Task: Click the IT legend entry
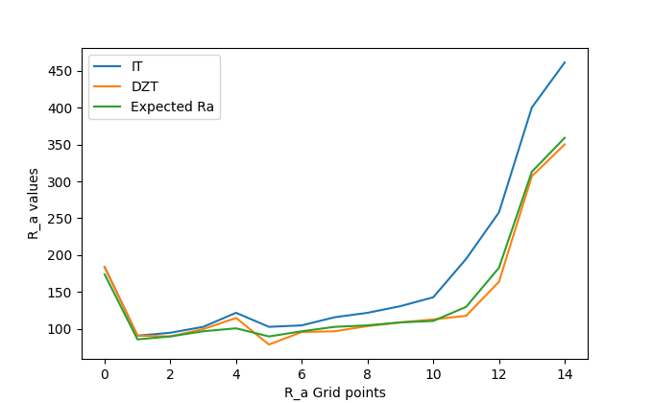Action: (x=137, y=67)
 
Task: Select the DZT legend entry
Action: (x=144, y=86)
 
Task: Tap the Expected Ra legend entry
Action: (x=172, y=107)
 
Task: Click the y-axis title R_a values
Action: (x=34, y=203)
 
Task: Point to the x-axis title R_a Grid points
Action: (x=335, y=392)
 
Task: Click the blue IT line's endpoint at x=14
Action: (x=565, y=62)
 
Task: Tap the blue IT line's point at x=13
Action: (x=532, y=107)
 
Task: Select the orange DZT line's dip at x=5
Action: (x=269, y=344)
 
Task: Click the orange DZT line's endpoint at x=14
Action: (x=565, y=144)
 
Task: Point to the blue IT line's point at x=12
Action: (x=499, y=212)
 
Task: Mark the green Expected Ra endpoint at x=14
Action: (x=565, y=137)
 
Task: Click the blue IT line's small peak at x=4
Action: (x=236, y=313)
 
